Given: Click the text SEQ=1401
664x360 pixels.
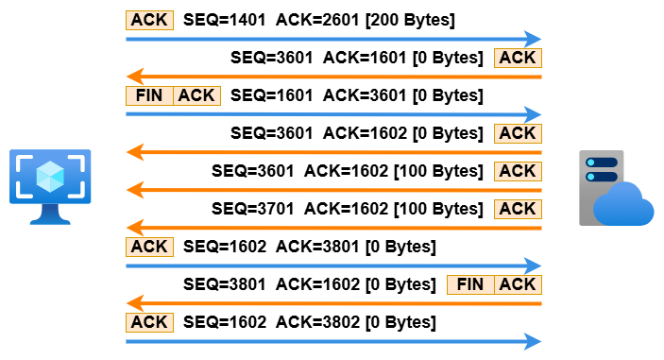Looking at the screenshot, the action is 225,20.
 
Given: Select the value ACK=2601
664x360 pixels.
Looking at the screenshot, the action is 317,20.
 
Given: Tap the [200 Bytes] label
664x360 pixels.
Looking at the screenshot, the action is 410,20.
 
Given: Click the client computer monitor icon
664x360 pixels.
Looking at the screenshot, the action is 50,186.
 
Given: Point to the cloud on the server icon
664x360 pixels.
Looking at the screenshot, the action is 623,204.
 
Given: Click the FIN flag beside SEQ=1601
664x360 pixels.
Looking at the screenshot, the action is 149,95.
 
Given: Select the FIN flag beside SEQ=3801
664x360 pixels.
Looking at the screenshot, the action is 470,284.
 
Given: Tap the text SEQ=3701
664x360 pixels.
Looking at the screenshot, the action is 253,209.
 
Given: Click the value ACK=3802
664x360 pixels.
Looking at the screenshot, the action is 317,322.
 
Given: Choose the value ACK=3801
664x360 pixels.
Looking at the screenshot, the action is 317,247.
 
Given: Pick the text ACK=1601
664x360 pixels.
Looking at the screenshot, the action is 365,58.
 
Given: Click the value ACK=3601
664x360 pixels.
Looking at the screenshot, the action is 365,95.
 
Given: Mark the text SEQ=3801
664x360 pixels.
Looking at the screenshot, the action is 225,284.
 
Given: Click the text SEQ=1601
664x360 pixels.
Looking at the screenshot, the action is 271,95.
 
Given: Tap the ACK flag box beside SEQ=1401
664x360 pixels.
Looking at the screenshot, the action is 149,21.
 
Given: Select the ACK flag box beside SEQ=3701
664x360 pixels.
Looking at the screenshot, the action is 518,209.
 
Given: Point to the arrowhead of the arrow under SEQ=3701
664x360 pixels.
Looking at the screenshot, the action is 135,228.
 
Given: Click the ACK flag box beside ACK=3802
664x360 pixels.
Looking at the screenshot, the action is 149,322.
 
